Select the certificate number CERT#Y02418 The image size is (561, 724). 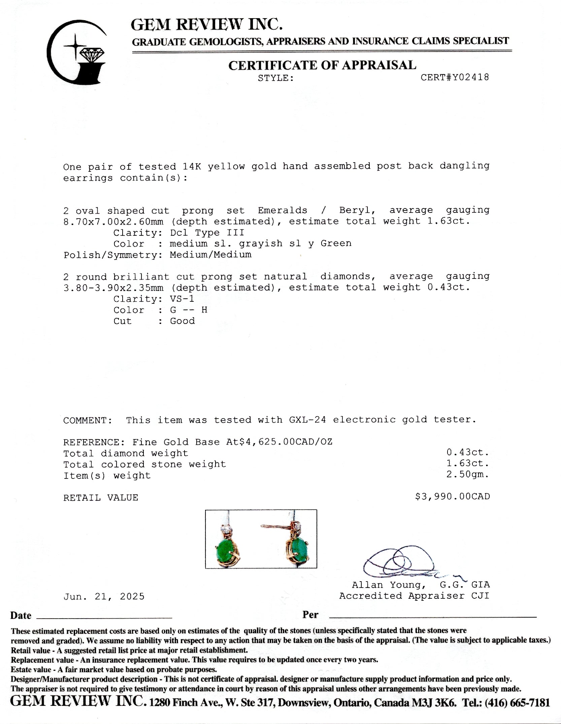coord(455,77)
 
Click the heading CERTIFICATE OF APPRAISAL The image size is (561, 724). coord(322,65)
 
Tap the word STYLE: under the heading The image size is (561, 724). coord(276,78)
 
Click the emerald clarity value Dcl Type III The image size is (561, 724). coord(207,233)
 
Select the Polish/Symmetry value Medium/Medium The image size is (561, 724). coord(210,255)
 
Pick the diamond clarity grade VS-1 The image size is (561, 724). coord(182,299)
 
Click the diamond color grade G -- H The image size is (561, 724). coord(189,310)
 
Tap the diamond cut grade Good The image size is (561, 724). coord(182,321)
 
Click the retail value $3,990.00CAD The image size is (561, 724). coord(452,497)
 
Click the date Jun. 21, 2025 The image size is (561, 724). coord(104,597)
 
